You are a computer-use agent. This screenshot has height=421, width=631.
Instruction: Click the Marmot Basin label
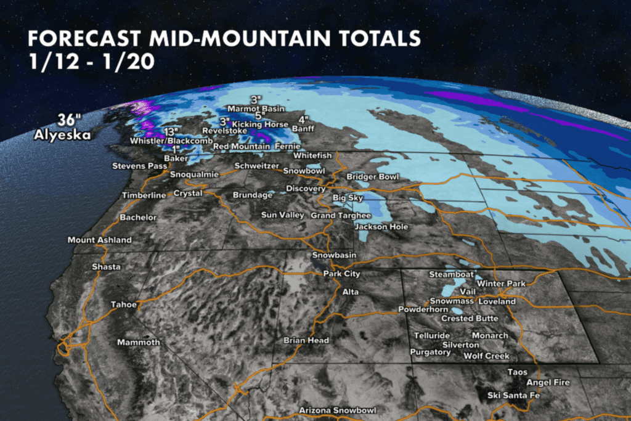pos(256,108)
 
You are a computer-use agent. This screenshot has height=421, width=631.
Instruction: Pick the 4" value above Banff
pos(303,119)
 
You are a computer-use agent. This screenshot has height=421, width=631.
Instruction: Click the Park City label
pos(342,274)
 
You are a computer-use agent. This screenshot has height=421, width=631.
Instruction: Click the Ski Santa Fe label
pos(513,395)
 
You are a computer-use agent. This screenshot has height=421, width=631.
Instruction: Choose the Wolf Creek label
pos(486,356)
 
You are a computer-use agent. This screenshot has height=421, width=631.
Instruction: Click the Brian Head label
pos(306,340)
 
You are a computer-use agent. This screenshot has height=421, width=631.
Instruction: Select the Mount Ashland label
pos(99,240)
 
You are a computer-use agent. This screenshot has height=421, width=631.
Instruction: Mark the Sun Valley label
pos(283,215)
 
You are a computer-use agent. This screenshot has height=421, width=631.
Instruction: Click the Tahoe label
pos(122,305)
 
